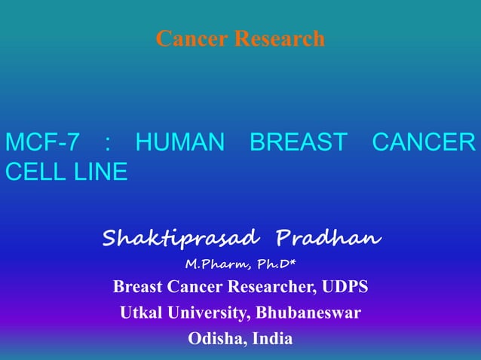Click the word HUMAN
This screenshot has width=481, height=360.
point(179,142)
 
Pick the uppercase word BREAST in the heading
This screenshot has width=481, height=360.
point(299,142)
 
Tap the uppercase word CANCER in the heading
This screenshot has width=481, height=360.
point(424,142)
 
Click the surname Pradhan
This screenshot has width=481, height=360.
point(329,239)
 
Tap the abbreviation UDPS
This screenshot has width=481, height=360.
point(347,287)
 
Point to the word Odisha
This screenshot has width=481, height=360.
point(213,338)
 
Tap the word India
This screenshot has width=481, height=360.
point(273,338)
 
